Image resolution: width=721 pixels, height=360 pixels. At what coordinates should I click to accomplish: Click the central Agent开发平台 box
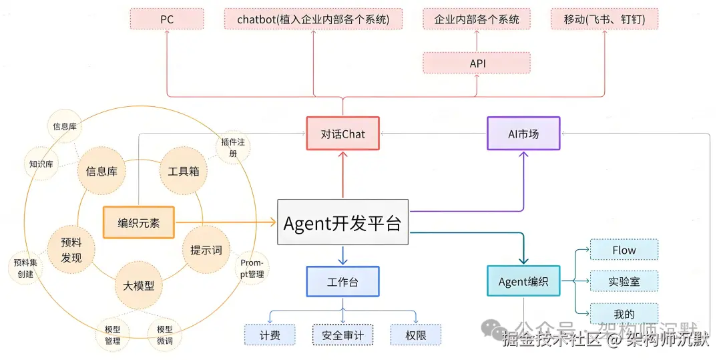point(342,223)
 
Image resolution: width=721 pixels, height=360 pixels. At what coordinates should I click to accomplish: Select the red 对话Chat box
point(343,134)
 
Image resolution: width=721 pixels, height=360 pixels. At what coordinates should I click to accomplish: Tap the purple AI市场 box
point(523,134)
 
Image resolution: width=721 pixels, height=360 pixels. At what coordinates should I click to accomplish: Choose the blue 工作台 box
point(342,282)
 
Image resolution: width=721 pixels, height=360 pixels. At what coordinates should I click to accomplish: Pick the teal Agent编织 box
point(523,282)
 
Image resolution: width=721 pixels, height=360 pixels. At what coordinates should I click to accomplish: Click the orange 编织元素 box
point(139,223)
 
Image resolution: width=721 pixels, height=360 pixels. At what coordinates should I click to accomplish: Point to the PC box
point(167,19)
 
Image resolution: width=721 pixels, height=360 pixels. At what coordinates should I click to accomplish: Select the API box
point(477,63)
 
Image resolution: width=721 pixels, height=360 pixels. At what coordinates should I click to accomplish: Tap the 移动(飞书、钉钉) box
point(605,19)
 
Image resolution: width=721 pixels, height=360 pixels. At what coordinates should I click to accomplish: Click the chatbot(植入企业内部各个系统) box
point(313,19)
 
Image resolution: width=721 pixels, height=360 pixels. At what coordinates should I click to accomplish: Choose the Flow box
point(624,250)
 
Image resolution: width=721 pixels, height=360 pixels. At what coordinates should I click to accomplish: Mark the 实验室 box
point(624,281)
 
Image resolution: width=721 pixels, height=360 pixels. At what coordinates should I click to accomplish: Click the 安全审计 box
point(342,335)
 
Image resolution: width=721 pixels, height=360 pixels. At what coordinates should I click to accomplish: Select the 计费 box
point(270,335)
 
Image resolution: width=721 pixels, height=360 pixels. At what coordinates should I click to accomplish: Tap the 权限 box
point(417,335)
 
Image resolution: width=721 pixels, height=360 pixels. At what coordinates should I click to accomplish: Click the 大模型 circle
point(139,285)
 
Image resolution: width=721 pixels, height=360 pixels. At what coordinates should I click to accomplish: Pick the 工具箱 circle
point(180,171)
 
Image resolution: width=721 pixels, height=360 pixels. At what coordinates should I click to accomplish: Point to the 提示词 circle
point(206,250)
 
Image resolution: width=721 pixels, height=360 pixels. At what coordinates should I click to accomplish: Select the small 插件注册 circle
point(232,148)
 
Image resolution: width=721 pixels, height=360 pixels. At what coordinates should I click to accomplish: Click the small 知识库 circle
point(41,163)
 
